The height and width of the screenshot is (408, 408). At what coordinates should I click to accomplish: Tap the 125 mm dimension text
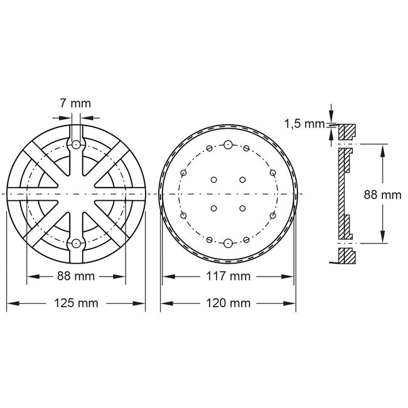pos(76,303)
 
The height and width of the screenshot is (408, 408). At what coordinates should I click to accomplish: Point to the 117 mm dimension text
pos(227,276)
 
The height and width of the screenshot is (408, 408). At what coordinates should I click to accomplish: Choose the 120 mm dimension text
pos(227,303)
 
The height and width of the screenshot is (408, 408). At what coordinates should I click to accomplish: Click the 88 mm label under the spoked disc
pos(76,276)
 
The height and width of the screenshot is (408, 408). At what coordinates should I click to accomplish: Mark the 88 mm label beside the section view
pos(382,195)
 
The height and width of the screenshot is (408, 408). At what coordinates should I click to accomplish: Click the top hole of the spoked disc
pos(76,144)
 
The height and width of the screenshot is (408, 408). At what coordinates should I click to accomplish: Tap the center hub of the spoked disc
pos(76,194)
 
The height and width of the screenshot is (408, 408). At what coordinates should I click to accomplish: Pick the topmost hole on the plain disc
pos(227,145)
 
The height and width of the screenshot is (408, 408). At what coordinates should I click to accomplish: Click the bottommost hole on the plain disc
pos(227,243)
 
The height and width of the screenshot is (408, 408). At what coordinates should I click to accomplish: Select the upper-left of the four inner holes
pos(213,180)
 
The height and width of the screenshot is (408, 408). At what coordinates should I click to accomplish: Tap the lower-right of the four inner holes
pos(242,208)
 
